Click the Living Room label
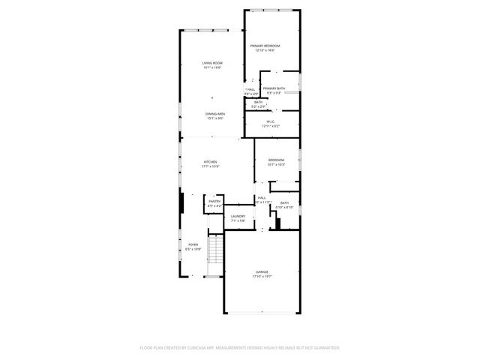(212, 63)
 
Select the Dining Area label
(216, 113)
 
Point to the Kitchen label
(211, 163)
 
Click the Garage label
(261, 271)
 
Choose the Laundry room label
(238, 216)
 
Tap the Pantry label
(214, 201)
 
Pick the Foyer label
(193, 244)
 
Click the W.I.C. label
(270, 122)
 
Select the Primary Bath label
(274, 88)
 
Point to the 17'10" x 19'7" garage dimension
(261, 276)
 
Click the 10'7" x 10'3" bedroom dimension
(277, 164)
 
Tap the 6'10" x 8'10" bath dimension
(285, 207)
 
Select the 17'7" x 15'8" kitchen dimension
(211, 166)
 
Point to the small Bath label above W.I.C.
(258, 102)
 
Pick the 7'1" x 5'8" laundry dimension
(238, 220)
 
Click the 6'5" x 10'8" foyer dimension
(193, 249)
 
